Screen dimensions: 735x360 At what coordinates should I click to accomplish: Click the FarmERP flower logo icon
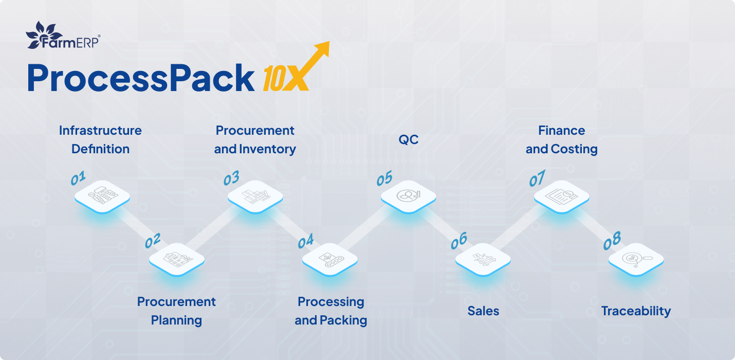(x=43, y=35)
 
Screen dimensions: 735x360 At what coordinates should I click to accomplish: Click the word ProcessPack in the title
(x=141, y=78)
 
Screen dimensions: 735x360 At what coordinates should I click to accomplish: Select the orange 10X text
(x=285, y=78)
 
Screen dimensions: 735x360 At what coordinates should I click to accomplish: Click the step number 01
(x=78, y=178)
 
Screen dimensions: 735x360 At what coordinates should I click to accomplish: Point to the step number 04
(x=305, y=242)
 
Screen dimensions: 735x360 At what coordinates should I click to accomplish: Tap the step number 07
(x=537, y=178)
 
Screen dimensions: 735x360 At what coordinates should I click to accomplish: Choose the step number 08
(x=612, y=241)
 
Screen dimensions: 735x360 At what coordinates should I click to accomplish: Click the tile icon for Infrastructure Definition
(x=102, y=197)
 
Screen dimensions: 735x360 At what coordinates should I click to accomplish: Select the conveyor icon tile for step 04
(x=330, y=260)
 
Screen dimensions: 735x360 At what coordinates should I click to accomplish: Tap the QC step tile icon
(x=409, y=197)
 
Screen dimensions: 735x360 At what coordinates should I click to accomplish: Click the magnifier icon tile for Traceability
(x=636, y=260)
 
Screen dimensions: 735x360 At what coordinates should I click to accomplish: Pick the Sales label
(x=483, y=311)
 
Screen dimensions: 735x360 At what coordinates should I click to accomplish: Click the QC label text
(x=409, y=140)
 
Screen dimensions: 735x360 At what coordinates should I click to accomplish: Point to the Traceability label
(x=636, y=311)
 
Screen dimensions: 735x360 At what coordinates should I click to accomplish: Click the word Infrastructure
(x=100, y=131)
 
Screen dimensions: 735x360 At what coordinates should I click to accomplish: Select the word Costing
(x=574, y=149)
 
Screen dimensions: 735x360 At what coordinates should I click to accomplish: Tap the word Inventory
(x=267, y=149)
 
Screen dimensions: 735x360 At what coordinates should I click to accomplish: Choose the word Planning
(x=176, y=320)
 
